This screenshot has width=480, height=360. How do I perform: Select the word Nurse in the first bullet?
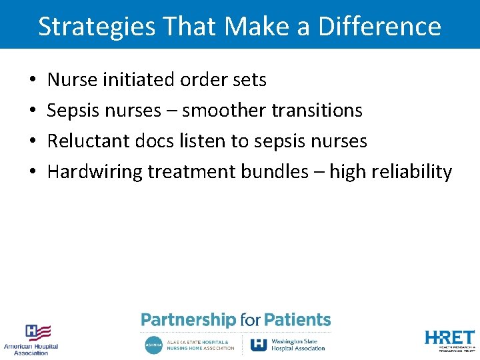point(72,80)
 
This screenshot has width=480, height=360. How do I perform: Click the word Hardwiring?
point(95,172)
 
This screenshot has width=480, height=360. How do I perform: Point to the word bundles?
point(278,172)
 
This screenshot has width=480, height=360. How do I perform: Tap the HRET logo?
point(450,338)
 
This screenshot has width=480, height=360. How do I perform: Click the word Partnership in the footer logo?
point(189,320)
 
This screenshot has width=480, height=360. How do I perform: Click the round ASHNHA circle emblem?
point(153,345)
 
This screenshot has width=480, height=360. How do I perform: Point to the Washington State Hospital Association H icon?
point(259,344)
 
